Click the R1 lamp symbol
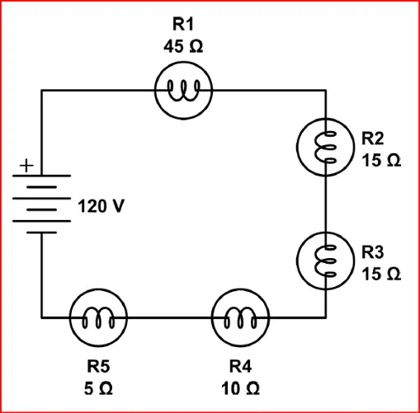pos(183,91)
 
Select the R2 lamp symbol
pos(325,147)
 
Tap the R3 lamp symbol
pos(325,260)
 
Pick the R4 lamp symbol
pos(240,317)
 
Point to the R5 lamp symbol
pos(98,317)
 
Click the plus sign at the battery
pos(26,166)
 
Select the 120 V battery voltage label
pos(101,206)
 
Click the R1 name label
pos(183,24)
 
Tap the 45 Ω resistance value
pos(183,46)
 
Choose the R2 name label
pos(372,138)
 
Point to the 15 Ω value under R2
pos(381,160)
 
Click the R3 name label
pos(372,252)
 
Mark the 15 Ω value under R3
pos(381,274)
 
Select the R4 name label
pos(240,366)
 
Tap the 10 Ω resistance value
pos(240,388)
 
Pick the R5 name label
pos(98,366)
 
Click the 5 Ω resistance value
pos(98,388)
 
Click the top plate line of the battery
pos(41,176)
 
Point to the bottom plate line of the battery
pos(41,232)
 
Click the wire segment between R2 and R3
pos(326,204)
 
